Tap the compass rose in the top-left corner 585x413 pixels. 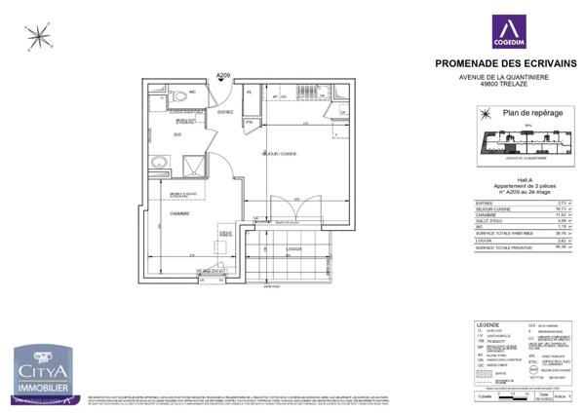pos(39,38)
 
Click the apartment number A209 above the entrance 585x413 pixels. pos(223,75)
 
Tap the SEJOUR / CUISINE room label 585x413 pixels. pos(280,153)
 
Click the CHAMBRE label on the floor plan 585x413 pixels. pos(178,213)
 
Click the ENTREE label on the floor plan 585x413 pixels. pos(225,113)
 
